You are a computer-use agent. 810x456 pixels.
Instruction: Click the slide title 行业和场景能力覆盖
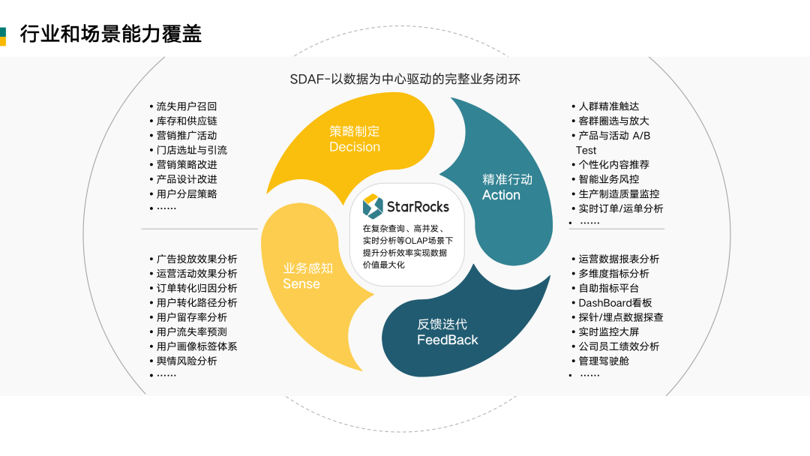point(110,34)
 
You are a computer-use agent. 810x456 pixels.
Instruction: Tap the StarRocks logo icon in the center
point(373,205)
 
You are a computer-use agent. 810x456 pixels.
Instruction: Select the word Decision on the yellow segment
point(355,147)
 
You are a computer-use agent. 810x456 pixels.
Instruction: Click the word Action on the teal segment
point(501,195)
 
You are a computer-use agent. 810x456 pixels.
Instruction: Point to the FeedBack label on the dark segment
point(448,340)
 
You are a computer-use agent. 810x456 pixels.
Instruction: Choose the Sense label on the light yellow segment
point(301,283)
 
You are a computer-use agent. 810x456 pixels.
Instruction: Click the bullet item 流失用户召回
point(187,106)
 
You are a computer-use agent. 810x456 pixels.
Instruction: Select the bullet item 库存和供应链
point(187,121)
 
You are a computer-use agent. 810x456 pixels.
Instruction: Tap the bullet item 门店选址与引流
point(192,150)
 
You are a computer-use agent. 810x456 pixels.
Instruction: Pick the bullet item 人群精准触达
point(609,106)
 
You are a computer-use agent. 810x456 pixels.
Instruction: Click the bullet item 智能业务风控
point(609,179)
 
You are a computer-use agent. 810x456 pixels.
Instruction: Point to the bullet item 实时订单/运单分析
point(621,208)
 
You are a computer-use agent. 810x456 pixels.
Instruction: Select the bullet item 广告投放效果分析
point(197,259)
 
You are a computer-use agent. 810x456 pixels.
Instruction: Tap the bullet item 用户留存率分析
point(192,317)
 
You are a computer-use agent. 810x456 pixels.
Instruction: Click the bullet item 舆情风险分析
point(187,361)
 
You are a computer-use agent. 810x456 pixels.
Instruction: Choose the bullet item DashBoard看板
point(615,303)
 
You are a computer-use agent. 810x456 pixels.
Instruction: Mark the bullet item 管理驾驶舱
point(604,361)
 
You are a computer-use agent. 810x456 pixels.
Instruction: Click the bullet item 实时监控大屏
point(609,331)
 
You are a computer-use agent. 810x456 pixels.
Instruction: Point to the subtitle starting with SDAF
point(405,79)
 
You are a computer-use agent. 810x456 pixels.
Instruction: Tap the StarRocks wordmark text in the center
point(418,206)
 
